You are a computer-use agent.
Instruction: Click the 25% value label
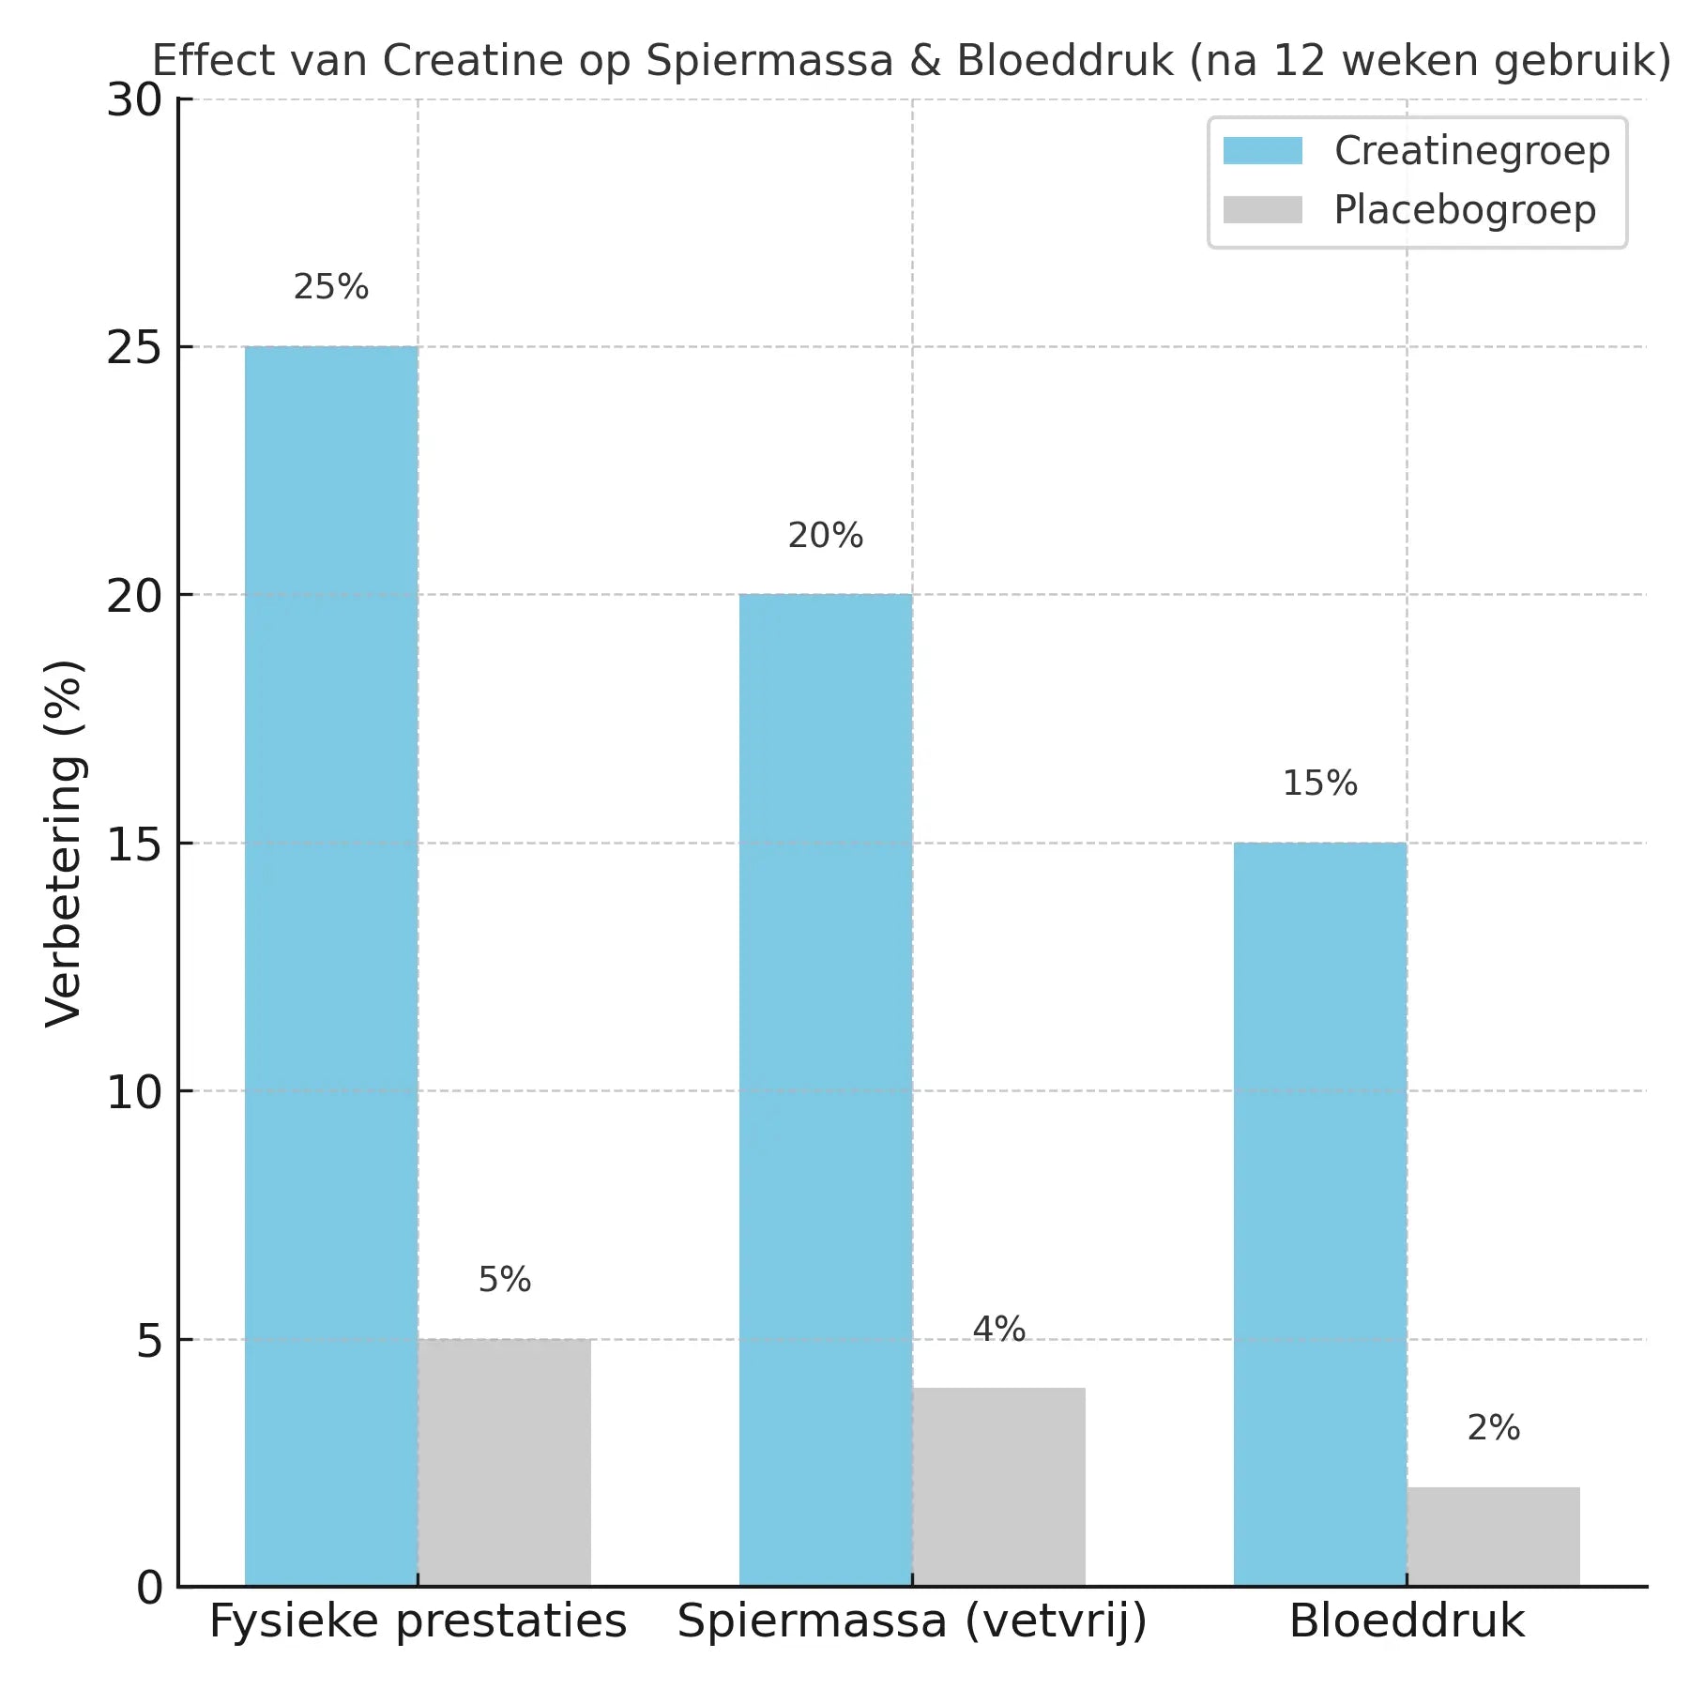pos(331,287)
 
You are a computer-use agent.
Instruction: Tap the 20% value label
pos(826,536)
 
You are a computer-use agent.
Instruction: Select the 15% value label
pos(1320,784)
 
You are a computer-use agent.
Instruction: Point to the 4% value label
pos(999,1329)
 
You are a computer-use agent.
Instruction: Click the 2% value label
pos(1494,1428)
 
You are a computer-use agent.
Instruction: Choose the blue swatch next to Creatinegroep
pos(1263,151)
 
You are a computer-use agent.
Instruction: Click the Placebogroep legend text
pos(1465,210)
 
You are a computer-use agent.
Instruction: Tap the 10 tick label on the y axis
pos(134,1092)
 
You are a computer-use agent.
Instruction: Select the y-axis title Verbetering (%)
pos(66,844)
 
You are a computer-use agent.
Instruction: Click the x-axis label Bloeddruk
pos(1407,1621)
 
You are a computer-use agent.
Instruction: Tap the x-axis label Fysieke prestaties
pos(418,1621)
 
